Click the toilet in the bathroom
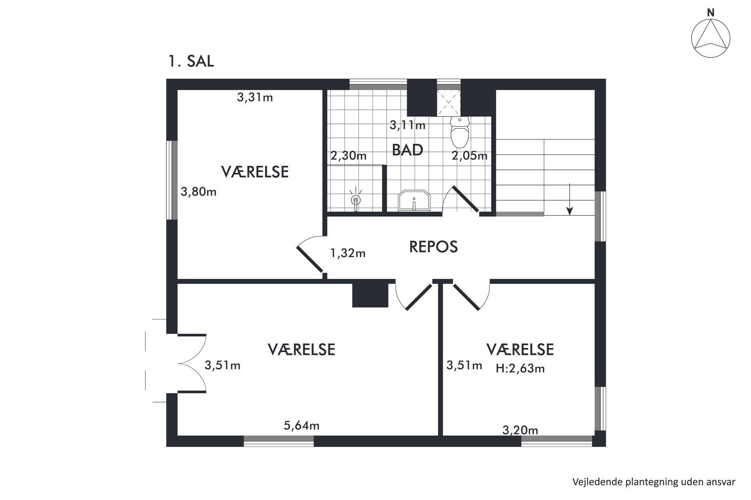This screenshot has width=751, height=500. [460, 132]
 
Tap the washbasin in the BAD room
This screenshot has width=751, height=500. [414, 200]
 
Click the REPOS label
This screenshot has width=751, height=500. [433, 247]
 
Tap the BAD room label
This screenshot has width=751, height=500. [407, 150]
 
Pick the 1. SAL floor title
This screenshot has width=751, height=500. [191, 61]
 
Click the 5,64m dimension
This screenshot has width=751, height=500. [302, 426]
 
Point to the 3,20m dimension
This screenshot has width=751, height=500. [520, 430]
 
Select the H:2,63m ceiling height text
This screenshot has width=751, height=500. [520, 368]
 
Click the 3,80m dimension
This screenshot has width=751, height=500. [198, 192]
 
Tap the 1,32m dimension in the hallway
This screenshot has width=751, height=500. [348, 253]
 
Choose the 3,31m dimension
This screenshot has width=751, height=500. [255, 98]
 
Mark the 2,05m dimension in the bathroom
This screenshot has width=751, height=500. [469, 155]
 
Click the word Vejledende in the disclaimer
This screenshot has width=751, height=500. [593, 482]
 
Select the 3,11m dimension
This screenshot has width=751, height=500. [408, 125]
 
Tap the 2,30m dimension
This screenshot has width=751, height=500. [349, 155]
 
